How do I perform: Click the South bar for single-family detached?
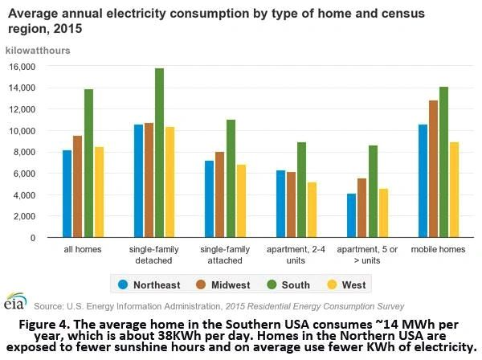[159, 153]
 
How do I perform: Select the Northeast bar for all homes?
[67, 194]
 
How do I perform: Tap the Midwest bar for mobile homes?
[435, 169]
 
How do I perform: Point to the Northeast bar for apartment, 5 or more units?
[352, 215]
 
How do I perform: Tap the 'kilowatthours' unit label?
[38, 50]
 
